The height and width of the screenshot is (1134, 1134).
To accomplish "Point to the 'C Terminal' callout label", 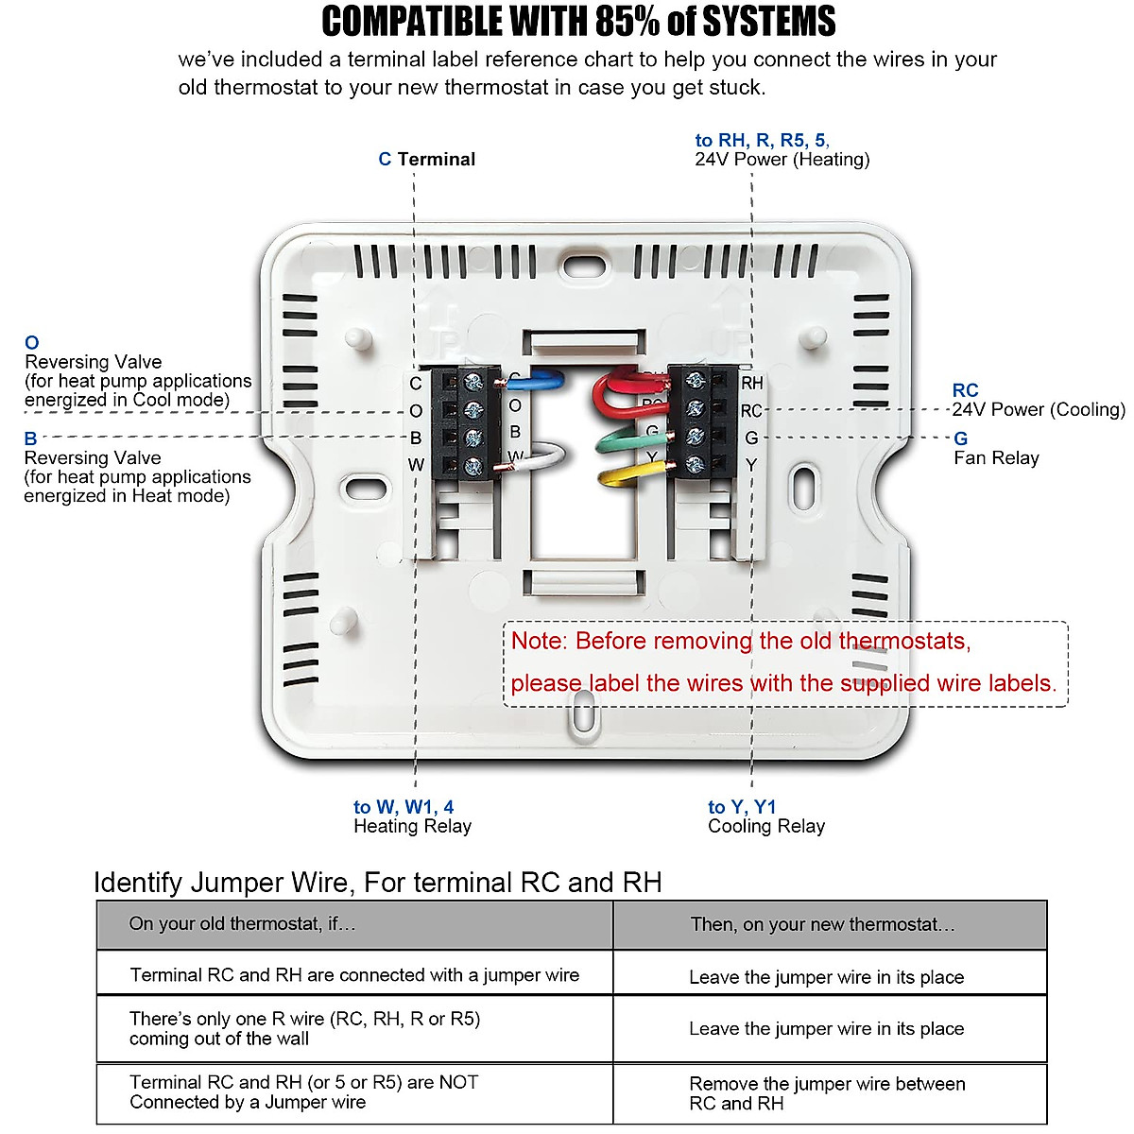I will [427, 159].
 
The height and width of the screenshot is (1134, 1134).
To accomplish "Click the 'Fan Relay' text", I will [996, 458].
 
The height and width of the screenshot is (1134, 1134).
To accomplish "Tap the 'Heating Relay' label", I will [412, 826].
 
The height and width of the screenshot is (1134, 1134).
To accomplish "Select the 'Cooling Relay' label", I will [766, 826].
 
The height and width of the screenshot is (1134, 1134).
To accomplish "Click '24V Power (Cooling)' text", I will [1039, 409].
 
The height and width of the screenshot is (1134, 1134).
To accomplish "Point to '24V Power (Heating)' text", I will [782, 159].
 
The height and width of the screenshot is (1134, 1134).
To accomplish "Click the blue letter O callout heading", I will [32, 343].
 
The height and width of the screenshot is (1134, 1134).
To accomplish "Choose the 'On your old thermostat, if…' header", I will [242, 923].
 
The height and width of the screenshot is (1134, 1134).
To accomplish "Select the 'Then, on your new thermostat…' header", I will [822, 924].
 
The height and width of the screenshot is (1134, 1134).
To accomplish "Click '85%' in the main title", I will [627, 21].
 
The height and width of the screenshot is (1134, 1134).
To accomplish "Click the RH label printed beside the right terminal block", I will [752, 383].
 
